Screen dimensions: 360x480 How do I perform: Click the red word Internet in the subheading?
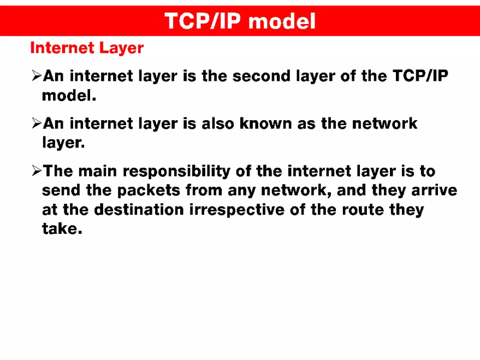[x=62, y=48]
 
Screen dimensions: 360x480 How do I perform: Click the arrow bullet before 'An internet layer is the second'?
[x=37, y=76]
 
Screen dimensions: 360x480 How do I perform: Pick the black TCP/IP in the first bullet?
[x=420, y=76]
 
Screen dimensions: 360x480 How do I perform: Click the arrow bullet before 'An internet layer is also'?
[x=37, y=123]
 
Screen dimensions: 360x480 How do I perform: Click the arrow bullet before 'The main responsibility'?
[x=37, y=172]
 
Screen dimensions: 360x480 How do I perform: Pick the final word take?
[x=62, y=229]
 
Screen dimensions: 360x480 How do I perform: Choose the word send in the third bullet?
[x=62, y=191]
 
